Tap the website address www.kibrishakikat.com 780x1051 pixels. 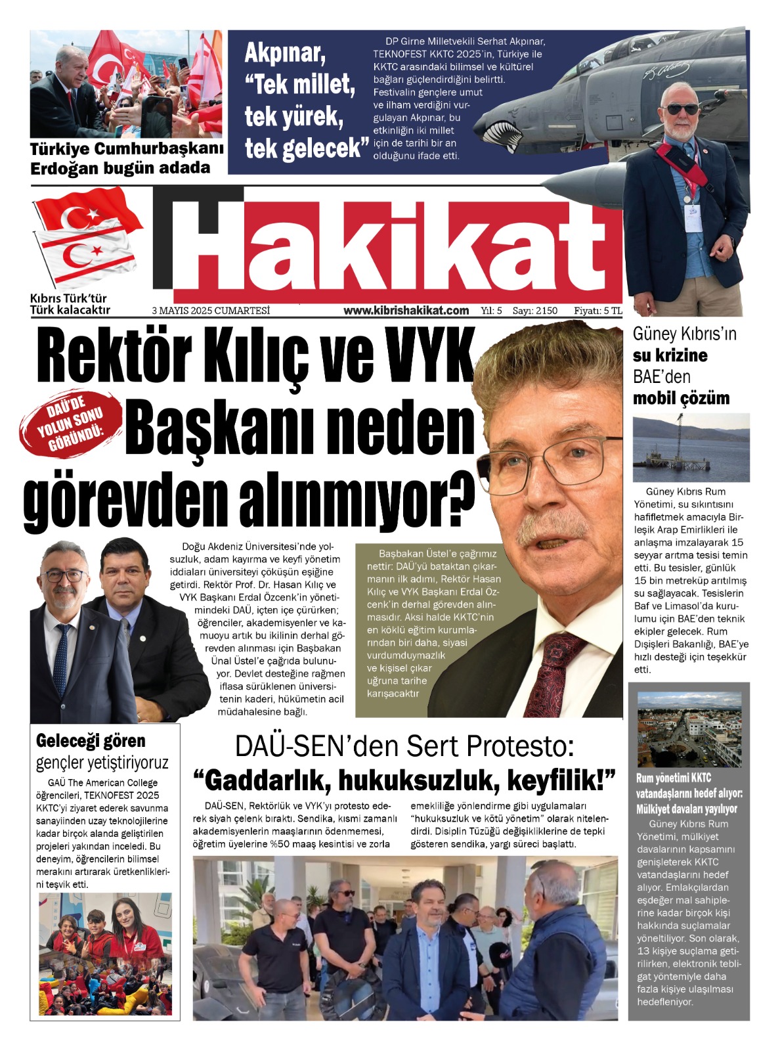point(406,311)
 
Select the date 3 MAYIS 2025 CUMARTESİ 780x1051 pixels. point(210,311)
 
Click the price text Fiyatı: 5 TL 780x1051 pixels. point(597,311)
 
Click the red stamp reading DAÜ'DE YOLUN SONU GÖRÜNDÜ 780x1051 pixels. point(71,424)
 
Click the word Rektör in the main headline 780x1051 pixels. point(113,358)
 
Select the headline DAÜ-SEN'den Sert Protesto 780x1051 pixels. point(404,747)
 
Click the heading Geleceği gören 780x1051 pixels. point(91,741)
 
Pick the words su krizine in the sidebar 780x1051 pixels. point(670,355)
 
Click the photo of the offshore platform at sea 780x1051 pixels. point(691,448)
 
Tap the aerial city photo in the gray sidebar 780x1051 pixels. point(689,729)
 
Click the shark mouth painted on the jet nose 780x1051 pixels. point(504,135)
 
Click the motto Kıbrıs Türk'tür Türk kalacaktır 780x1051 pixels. point(70,304)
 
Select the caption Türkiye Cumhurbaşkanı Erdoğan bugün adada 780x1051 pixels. point(126,158)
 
